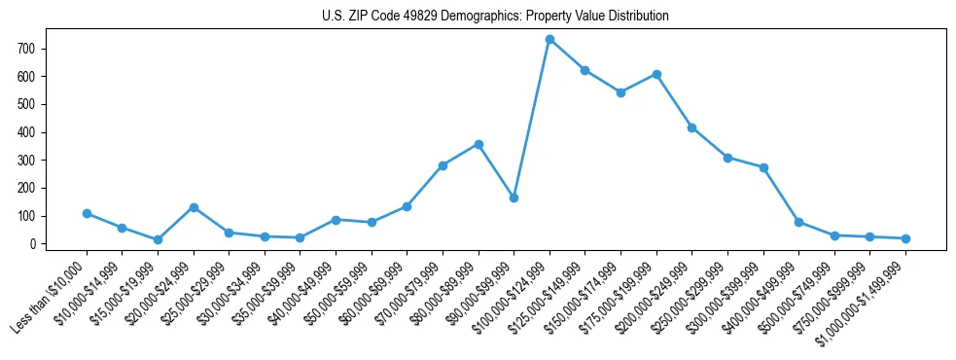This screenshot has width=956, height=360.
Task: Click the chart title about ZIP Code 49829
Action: coord(495,17)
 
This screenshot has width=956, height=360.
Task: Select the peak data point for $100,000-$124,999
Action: coord(549,39)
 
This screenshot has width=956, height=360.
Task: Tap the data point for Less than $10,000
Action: coord(87,213)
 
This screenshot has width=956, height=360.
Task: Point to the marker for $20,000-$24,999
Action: coord(194,207)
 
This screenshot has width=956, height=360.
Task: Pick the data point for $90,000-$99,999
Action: coord(513,198)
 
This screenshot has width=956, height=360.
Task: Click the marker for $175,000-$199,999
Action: coord(656,74)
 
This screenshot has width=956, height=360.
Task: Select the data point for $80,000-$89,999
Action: coord(478,144)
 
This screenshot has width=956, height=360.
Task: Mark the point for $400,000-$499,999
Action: coord(798,222)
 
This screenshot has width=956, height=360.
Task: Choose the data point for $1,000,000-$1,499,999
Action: coord(905,238)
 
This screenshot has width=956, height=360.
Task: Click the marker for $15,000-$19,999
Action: coord(158,239)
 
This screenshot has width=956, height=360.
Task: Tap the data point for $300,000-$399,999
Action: coord(763,167)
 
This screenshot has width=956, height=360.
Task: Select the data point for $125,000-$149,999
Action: coord(584,70)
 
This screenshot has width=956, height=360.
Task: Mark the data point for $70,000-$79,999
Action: coord(443,165)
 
